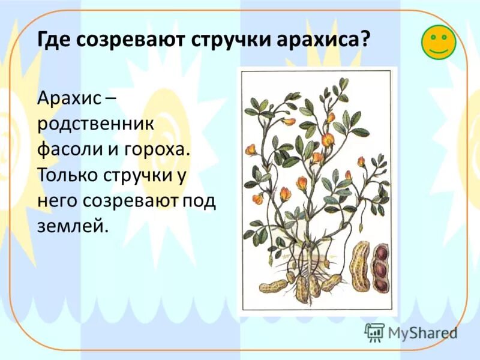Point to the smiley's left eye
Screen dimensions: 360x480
coord(432,37)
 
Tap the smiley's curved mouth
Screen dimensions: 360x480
coord(439,50)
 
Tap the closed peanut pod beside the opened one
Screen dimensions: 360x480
coord(361,267)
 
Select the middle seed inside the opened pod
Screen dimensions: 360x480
coord(380,269)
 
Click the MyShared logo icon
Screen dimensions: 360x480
coord(374,331)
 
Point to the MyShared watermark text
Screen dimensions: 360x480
coord(422,332)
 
